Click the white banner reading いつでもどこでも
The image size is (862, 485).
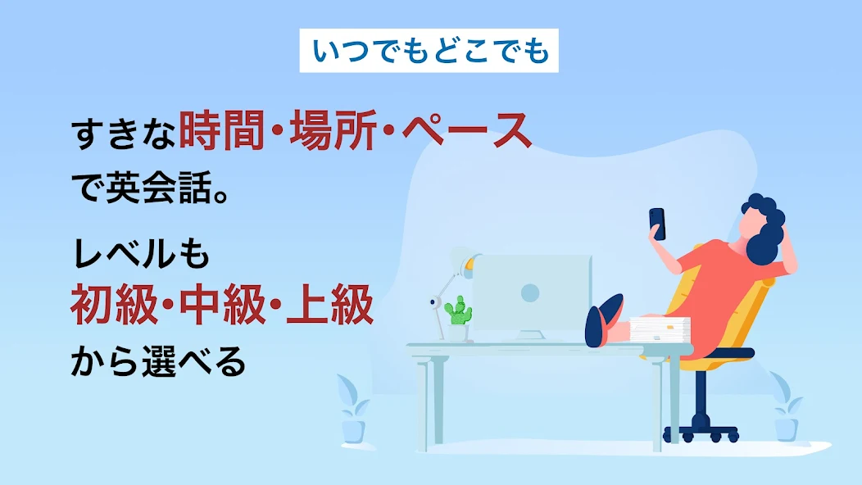tap(429, 51)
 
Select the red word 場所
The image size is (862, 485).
tap(333, 130)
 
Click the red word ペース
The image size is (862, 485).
tap(467, 130)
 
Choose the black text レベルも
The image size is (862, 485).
tap(141, 254)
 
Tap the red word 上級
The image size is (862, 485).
tap(330, 305)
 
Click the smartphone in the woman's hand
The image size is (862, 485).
tap(657, 224)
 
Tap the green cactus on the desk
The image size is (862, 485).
tap(458, 311)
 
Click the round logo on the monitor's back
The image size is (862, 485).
tap(530, 292)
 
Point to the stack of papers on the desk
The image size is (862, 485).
tap(659, 331)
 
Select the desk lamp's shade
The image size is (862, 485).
tap(464, 258)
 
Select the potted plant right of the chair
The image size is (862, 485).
tap(786, 407)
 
